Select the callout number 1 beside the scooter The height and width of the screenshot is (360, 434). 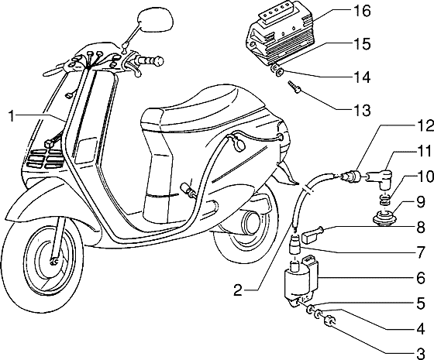(12, 116)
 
